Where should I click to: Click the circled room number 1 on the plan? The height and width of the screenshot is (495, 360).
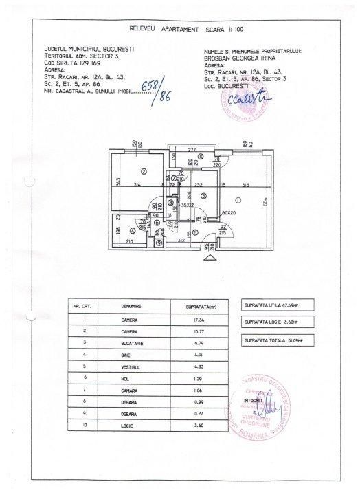click(237, 199)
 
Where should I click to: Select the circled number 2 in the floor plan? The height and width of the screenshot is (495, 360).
click(144, 172)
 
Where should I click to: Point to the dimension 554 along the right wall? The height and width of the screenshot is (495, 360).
click(273, 200)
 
